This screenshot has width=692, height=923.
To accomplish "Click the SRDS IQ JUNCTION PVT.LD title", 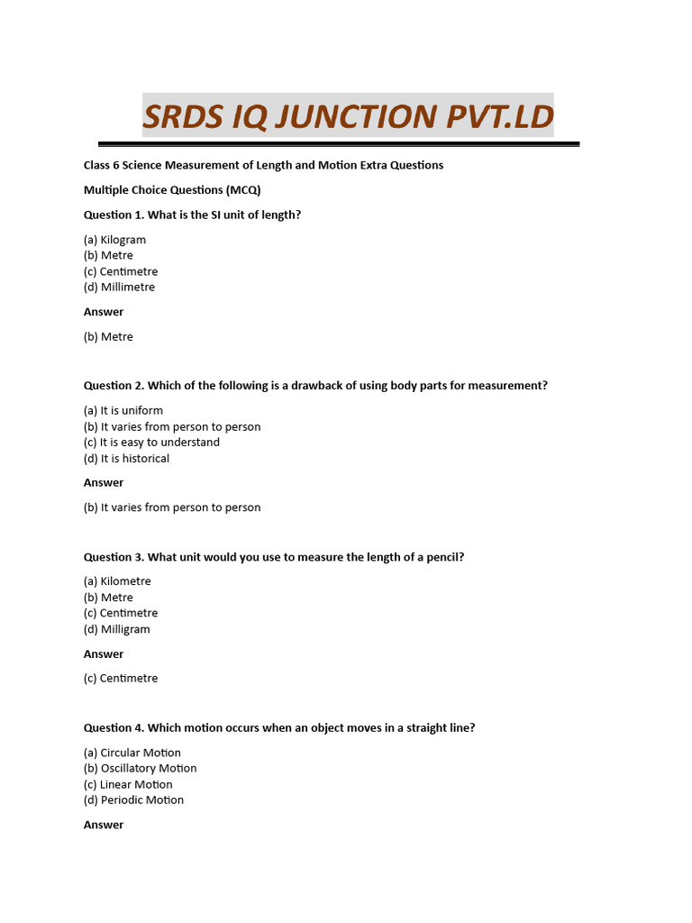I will coord(348,116).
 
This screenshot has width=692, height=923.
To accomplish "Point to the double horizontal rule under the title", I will coord(338,143).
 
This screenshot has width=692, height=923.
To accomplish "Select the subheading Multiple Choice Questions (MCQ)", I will coord(172,190).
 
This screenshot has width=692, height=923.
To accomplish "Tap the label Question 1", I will coord(114,215).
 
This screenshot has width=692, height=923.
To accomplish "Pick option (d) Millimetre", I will coord(119,288).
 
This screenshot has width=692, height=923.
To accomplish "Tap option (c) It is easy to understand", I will coord(151,443).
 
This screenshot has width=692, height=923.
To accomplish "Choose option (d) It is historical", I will coord(126,459).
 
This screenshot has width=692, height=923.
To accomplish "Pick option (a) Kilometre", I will coord(117,581).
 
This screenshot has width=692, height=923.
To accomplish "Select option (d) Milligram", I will coord(117,629).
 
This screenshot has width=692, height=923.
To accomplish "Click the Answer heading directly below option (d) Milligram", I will coord(104,654).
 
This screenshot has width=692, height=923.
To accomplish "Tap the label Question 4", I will coord(114,728).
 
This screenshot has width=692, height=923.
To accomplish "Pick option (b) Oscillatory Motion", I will coord(140,769).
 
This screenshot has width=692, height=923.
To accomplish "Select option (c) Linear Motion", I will coord(128,785).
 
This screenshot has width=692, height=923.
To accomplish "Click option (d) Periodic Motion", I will coord(133,800).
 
